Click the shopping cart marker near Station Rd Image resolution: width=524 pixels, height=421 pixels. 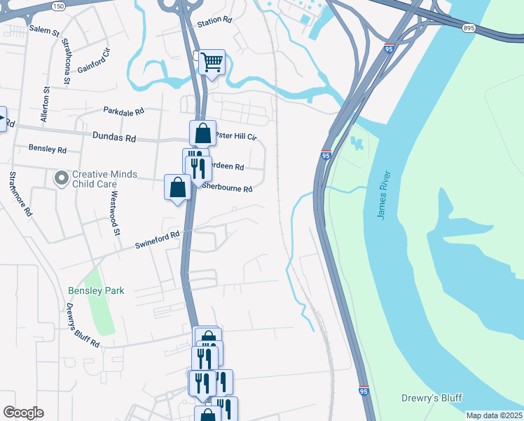(212, 62)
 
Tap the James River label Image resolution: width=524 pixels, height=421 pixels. (382, 193)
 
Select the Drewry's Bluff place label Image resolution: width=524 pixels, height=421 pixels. (431, 398)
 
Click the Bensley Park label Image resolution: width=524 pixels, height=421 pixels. (96, 290)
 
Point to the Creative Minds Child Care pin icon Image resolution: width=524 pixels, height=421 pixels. (61, 178)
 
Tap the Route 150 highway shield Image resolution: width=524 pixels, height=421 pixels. (58, 6)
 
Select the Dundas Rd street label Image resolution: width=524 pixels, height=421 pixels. (113, 138)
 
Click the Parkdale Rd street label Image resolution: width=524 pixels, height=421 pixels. (123, 111)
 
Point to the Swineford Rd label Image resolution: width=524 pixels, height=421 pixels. (158, 240)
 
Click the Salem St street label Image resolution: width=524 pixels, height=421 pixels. (44, 30)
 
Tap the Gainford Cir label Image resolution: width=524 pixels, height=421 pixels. (96, 61)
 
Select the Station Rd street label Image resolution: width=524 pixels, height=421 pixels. (214, 22)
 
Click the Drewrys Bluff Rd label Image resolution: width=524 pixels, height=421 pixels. (82, 326)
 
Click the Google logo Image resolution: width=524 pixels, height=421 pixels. (23, 413)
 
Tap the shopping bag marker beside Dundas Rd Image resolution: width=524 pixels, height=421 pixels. (202, 133)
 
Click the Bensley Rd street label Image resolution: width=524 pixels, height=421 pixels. (47, 149)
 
